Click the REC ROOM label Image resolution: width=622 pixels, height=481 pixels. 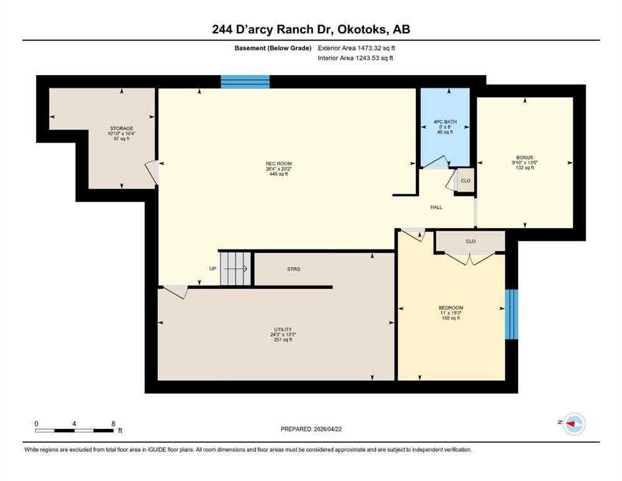pyautogui.click(x=279, y=163)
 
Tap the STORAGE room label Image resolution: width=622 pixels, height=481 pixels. pyautogui.click(x=122, y=128)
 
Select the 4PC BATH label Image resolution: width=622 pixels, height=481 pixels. pyautogui.click(x=445, y=122)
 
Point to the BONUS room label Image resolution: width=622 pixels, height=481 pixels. pyautogui.click(x=524, y=157)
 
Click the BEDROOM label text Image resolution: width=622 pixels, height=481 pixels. pyautogui.click(x=450, y=308)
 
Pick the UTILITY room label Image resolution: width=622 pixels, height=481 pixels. pyautogui.click(x=283, y=329)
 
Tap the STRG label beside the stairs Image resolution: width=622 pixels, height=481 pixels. pyautogui.click(x=294, y=269)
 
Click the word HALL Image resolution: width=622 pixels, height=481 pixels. pyautogui.click(x=437, y=207)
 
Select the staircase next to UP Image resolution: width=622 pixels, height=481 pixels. pyautogui.click(x=236, y=269)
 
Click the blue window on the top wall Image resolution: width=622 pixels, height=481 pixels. pyautogui.click(x=245, y=81)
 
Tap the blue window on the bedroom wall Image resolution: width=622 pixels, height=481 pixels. pyautogui.click(x=511, y=314)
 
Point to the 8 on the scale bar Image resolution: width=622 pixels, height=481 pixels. pyautogui.click(x=113, y=423)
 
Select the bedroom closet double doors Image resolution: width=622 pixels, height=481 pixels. pyautogui.click(x=470, y=259)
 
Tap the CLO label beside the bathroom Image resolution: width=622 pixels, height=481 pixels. pyautogui.click(x=465, y=181)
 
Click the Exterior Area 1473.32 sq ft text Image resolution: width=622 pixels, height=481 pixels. pyautogui.click(x=356, y=48)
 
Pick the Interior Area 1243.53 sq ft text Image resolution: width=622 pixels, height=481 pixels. pyautogui.click(x=355, y=58)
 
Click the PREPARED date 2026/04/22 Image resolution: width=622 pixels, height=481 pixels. pyautogui.click(x=328, y=429)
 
